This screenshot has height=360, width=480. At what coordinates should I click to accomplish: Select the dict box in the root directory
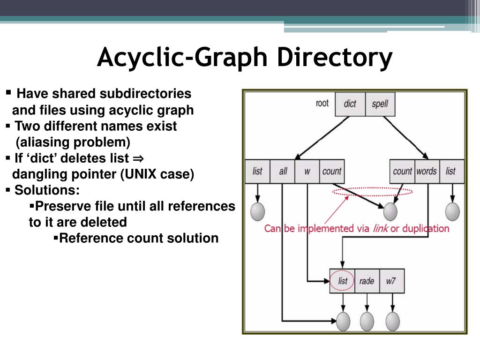350,104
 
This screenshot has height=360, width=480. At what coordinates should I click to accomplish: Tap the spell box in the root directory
379,104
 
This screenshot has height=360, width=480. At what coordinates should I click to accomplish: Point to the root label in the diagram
322,103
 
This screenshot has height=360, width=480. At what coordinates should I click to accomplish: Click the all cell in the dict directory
283,171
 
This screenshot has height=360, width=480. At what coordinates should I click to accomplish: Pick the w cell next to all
307,171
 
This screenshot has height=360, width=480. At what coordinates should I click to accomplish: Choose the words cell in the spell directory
426,171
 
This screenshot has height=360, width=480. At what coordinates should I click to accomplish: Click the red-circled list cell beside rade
343,281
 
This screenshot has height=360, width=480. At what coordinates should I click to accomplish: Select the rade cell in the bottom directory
367,281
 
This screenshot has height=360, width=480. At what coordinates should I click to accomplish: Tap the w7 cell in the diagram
391,281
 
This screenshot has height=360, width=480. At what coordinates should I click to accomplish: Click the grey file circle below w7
392,321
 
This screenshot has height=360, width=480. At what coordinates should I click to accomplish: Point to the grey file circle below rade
367,321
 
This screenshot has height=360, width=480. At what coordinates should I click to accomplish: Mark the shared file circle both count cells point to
390,212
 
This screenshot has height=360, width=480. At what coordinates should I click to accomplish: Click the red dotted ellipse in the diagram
373,192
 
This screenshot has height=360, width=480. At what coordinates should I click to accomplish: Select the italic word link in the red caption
381,229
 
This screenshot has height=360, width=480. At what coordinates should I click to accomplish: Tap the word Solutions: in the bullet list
47,190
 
